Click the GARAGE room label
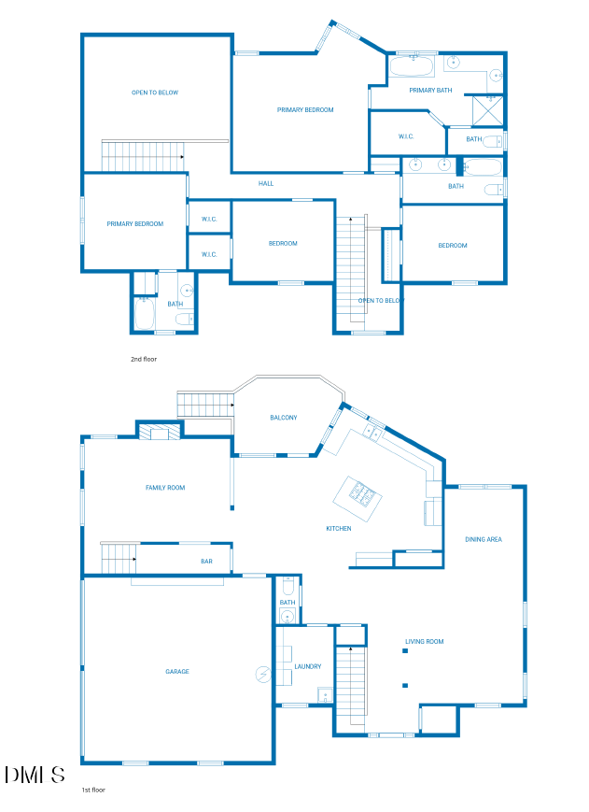click(176, 671)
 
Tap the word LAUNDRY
click(308, 666)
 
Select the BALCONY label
click(284, 418)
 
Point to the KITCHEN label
click(339, 528)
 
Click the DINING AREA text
click(483, 539)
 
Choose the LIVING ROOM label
click(424, 641)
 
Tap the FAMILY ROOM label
click(165, 488)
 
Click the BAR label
click(206, 561)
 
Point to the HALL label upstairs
click(266, 183)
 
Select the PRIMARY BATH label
click(430, 90)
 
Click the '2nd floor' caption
click(143, 359)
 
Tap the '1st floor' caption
click(93, 790)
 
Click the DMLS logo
click(35, 775)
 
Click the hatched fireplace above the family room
click(160, 432)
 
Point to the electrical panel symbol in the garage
click(263, 675)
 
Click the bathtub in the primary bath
click(412, 66)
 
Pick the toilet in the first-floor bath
click(287, 586)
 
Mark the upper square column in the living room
click(405, 651)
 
